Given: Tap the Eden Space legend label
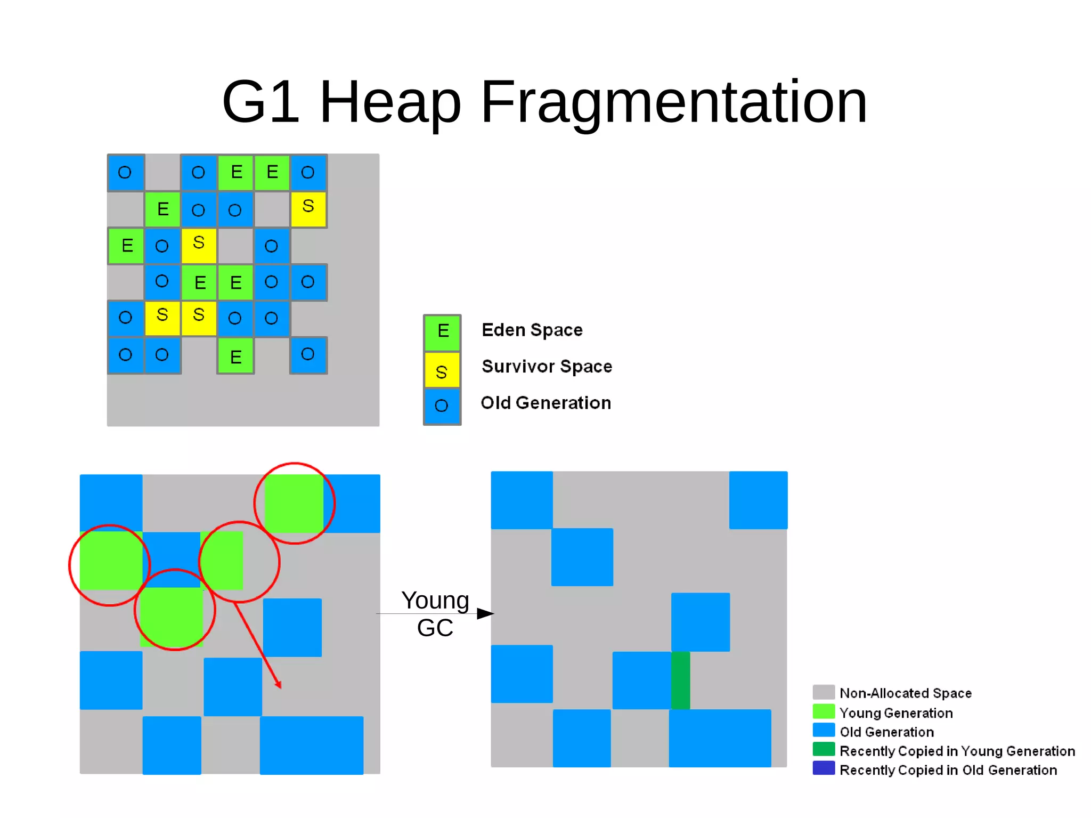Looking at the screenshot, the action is (x=532, y=330).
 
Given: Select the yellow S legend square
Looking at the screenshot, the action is (x=442, y=370).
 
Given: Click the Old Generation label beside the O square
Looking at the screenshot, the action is (x=545, y=403).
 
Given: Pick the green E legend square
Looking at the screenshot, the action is (x=442, y=331).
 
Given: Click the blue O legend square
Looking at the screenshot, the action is (x=442, y=406).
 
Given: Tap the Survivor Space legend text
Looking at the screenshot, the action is (x=547, y=367).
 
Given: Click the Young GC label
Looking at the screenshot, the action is (x=435, y=614).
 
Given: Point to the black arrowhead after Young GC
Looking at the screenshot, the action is (x=485, y=614).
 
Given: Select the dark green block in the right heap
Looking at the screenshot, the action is (x=680, y=680).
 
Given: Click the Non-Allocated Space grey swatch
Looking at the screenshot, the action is (x=824, y=692).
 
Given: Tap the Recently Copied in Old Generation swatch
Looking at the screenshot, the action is (x=824, y=768).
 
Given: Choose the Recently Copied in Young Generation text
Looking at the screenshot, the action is (x=957, y=751).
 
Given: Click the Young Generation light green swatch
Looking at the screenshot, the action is (x=824, y=712).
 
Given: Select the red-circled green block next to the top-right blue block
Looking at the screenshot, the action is (x=294, y=503).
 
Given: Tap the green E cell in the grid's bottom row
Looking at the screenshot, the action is (x=235, y=355).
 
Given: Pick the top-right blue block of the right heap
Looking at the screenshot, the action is (x=758, y=500).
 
